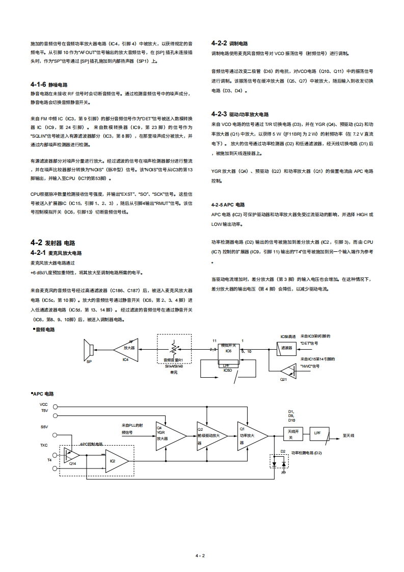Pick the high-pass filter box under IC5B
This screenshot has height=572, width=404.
(x=286, y=349)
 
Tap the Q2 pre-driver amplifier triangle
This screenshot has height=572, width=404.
(x=209, y=435)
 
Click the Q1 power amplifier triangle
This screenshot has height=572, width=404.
(x=251, y=435)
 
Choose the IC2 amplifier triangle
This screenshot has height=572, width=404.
(x=115, y=460)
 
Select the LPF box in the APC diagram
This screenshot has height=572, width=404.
(x=318, y=433)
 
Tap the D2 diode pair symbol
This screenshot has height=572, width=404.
(x=279, y=464)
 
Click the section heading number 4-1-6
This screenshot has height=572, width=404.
(x=38, y=85)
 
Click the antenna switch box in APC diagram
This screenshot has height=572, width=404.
(x=292, y=434)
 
